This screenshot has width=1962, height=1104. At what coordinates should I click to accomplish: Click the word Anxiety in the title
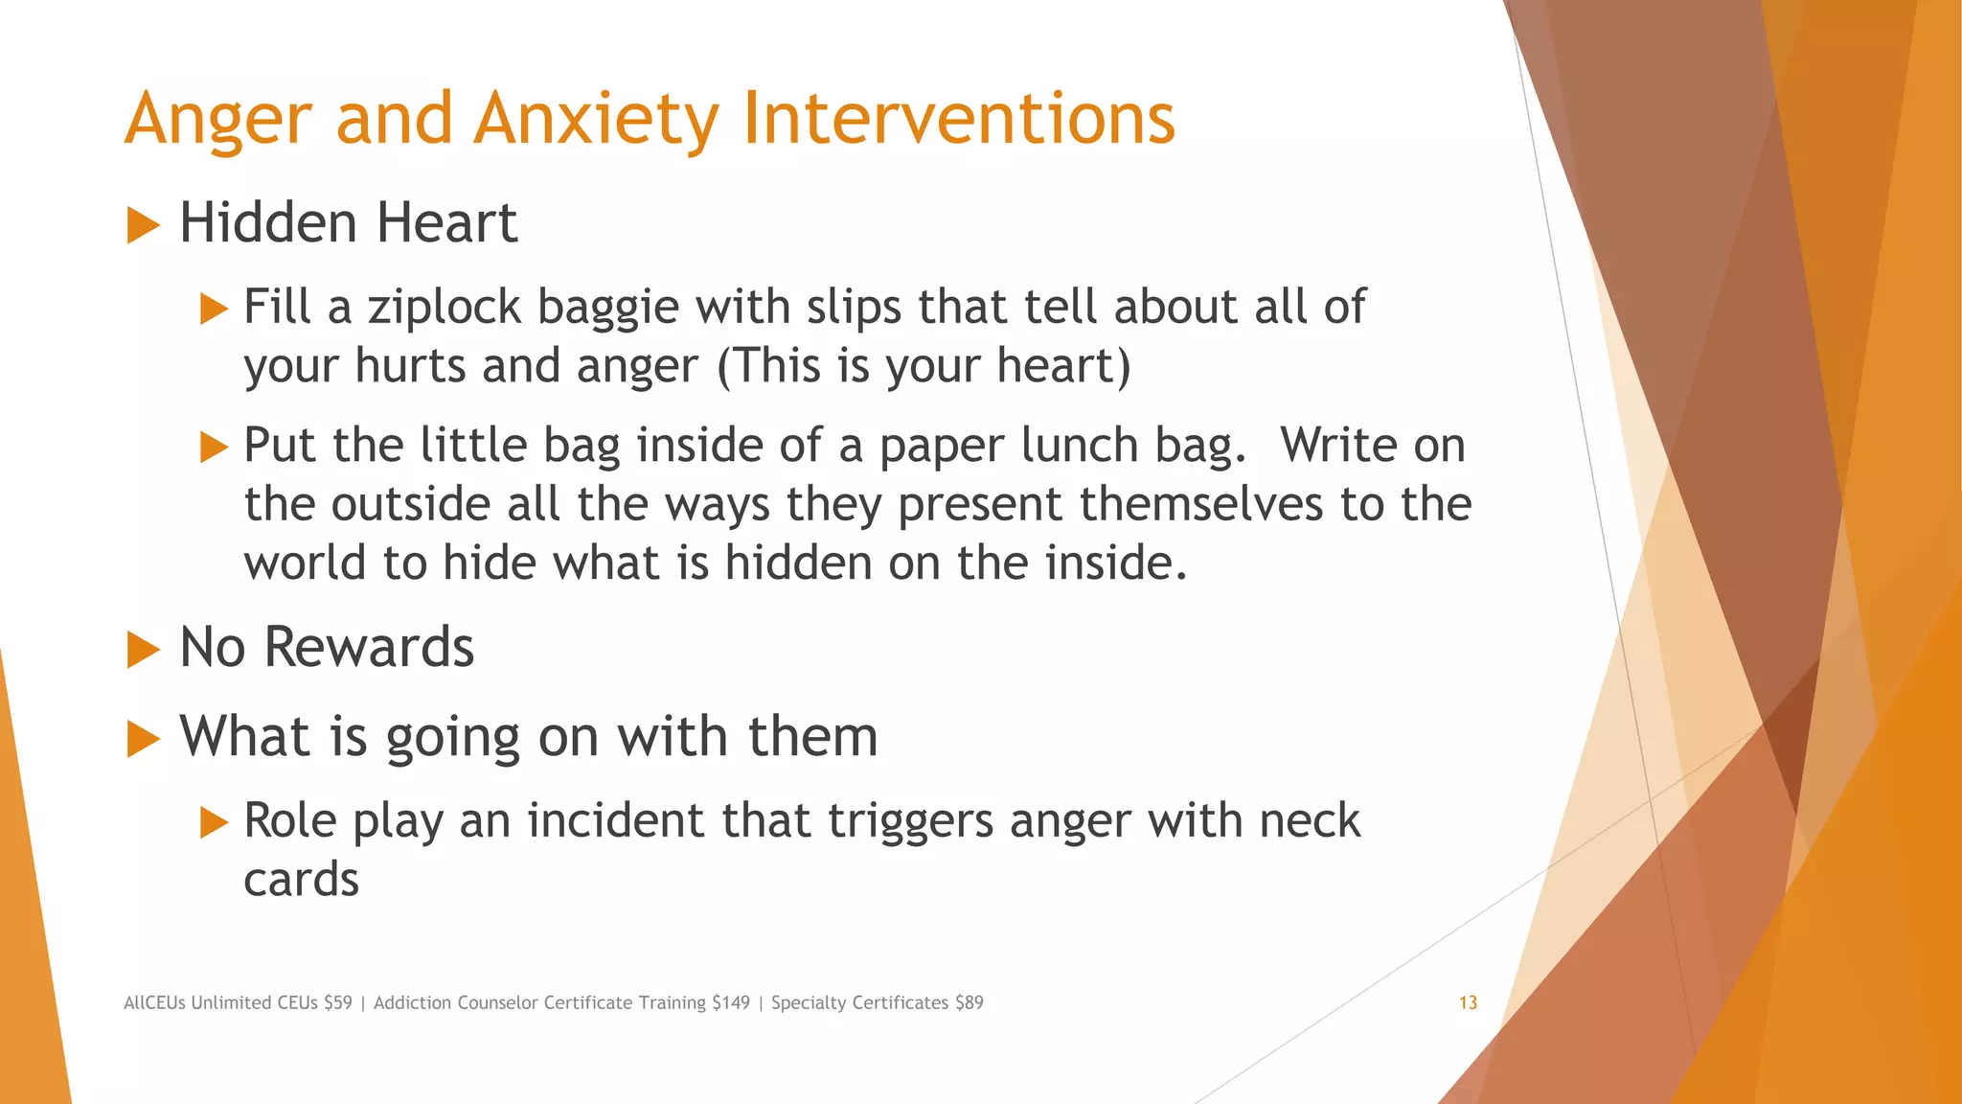595,120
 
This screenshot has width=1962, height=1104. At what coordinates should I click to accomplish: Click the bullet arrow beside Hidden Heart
143,226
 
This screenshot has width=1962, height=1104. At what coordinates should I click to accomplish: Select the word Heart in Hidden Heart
446,223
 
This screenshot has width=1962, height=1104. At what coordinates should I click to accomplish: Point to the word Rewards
369,648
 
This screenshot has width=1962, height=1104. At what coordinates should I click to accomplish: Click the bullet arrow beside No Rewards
143,651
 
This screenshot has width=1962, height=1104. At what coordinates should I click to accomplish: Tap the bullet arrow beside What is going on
143,740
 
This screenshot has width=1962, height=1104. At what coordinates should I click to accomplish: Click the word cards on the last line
301,880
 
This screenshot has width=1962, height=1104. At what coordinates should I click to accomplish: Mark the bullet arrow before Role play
214,823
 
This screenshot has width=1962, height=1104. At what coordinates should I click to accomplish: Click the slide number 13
1468,1003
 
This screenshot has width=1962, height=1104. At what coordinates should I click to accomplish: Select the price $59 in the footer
337,1003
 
